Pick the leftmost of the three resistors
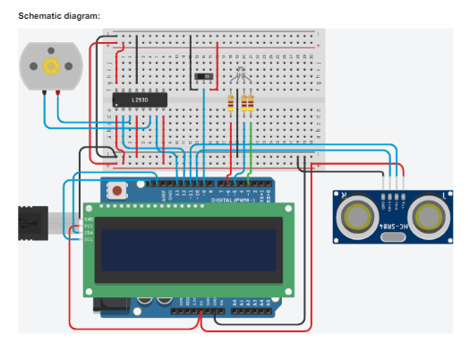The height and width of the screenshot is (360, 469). pos(232,105)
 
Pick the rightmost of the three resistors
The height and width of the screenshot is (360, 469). pos(250,105)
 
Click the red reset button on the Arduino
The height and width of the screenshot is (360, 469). pos(116,190)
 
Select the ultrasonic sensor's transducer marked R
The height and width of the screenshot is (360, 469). pos(431,216)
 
